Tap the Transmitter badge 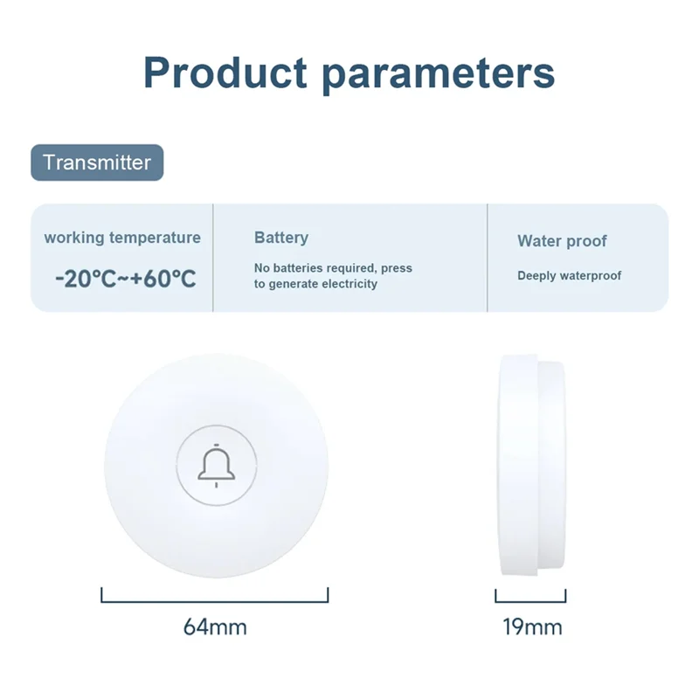coord(97,163)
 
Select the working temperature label coord(122,238)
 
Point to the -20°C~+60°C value coord(125,279)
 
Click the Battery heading coord(281,238)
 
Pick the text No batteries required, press coord(333,267)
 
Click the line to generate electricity coord(315,284)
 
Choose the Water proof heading coord(562,241)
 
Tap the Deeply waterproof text coord(569,275)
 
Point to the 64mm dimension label coord(215,626)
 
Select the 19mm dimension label coord(532,626)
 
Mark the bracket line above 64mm coord(215,601)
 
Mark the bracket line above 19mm coord(531,601)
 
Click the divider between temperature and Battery coord(213,258)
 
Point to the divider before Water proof coord(487,258)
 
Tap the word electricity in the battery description coord(349,284)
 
